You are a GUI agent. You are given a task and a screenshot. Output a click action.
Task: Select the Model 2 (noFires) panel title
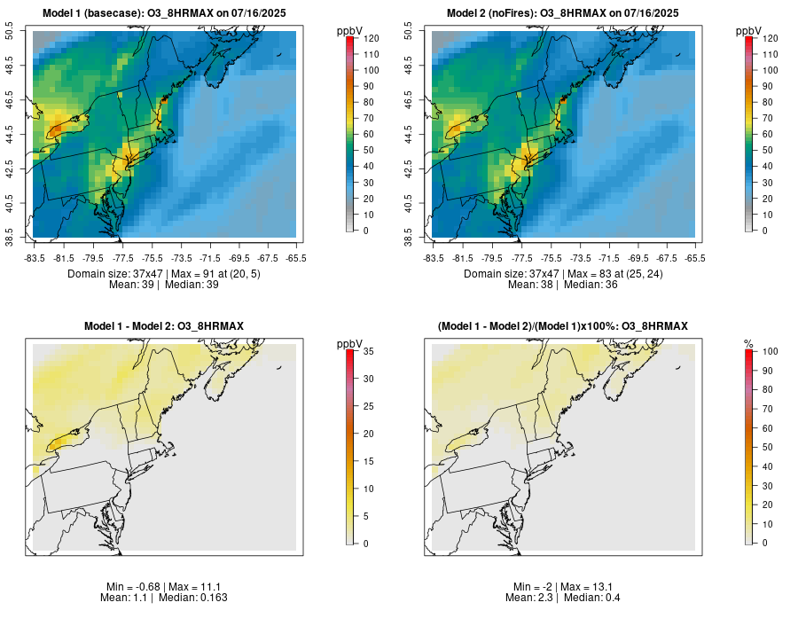pos(563,12)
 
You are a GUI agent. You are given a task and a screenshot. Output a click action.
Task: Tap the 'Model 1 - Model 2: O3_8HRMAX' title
pos(164,326)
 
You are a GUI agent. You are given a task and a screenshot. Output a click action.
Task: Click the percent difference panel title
pos(563,326)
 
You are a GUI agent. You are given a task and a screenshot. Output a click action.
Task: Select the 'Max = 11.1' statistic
pos(193,587)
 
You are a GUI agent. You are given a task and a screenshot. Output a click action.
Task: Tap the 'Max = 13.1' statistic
pos(591,587)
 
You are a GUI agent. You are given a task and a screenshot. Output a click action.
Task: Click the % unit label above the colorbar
pos(748,343)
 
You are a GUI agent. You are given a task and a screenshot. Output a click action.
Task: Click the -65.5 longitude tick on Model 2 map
pos(695,258)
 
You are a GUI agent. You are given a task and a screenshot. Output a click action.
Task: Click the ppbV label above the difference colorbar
pos(349,343)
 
